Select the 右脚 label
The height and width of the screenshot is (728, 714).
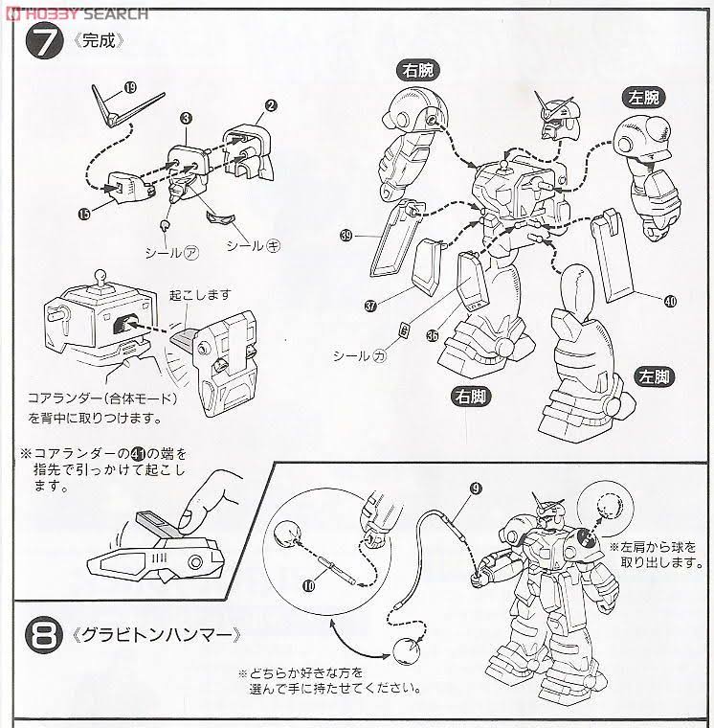click(x=474, y=394)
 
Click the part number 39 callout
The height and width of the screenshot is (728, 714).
click(x=346, y=234)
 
